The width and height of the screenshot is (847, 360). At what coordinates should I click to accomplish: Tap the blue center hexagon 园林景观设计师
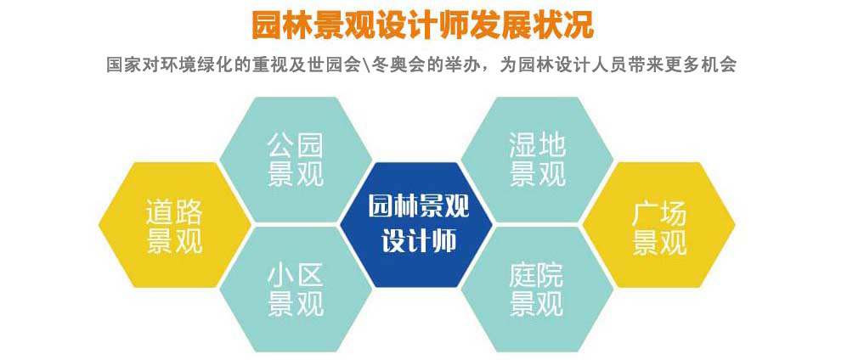(x=416, y=224)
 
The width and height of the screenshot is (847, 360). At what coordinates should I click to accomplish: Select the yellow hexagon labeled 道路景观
(x=174, y=224)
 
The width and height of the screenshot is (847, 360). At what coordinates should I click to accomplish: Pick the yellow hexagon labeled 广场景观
(x=658, y=224)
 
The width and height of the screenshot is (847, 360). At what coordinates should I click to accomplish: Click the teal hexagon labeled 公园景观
(x=296, y=160)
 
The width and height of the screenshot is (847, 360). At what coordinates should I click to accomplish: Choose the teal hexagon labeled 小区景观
(x=296, y=290)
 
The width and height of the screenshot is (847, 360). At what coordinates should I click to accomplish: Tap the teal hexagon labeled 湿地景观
(x=538, y=160)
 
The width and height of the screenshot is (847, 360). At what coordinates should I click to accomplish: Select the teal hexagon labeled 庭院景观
(x=538, y=290)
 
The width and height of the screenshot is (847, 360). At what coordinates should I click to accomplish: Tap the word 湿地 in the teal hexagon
(x=538, y=146)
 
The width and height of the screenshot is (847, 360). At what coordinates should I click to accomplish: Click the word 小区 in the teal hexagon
(x=296, y=276)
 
